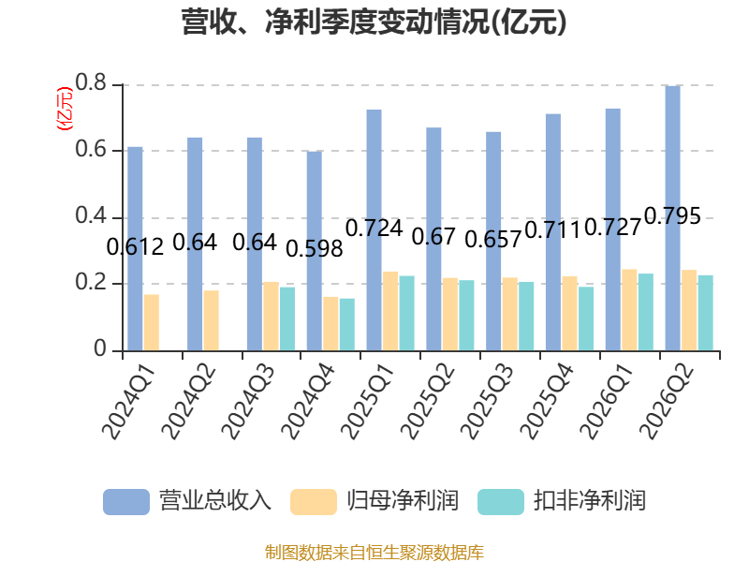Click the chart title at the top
point(374,22)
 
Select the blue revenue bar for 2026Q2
point(672,218)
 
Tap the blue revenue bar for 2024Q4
point(315,251)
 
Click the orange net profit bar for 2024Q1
point(152,322)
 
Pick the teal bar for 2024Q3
point(287,318)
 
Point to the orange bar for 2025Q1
point(390,311)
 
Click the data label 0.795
point(672,216)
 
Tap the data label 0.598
point(315,249)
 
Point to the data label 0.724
point(374,228)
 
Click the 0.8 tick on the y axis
point(91,83)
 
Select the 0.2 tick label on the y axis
point(91,283)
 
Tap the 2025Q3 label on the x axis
point(488,402)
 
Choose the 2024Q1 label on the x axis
point(129,402)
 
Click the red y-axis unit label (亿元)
point(65,109)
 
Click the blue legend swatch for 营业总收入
point(126,502)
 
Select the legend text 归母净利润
point(403,501)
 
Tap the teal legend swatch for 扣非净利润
point(501,502)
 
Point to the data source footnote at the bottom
point(374,553)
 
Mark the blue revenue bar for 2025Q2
point(433,239)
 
